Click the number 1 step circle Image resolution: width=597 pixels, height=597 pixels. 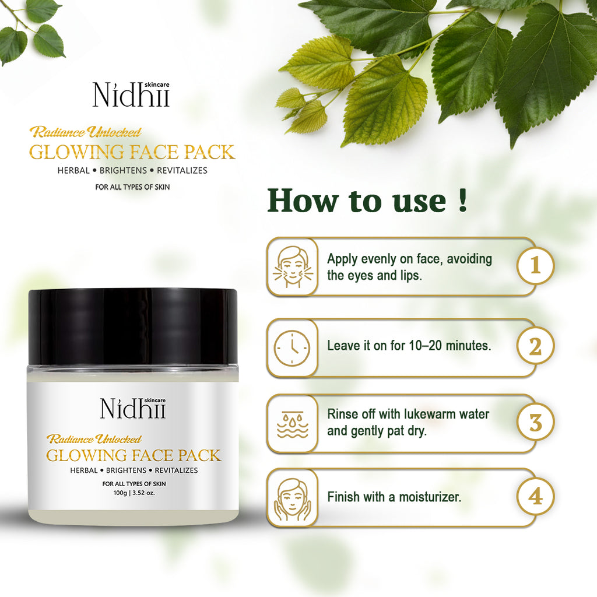535,265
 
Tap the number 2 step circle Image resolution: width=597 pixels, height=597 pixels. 535,346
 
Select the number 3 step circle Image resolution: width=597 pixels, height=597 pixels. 535,422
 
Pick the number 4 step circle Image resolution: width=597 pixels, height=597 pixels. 535,497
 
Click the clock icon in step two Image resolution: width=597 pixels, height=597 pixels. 292,348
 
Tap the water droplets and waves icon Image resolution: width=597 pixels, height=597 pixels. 292,424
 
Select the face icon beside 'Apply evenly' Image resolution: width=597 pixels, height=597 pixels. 293,266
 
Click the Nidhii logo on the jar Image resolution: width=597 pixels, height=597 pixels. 134,408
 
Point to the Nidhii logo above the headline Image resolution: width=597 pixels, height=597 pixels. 131,94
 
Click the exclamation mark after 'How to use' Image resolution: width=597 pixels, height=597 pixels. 462,199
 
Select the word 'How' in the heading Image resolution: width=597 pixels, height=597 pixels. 303,200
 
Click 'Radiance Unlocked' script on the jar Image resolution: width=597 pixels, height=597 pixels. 94,439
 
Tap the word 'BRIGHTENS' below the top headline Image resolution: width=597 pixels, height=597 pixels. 123,170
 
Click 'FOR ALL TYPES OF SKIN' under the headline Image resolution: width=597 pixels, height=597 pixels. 132,187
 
